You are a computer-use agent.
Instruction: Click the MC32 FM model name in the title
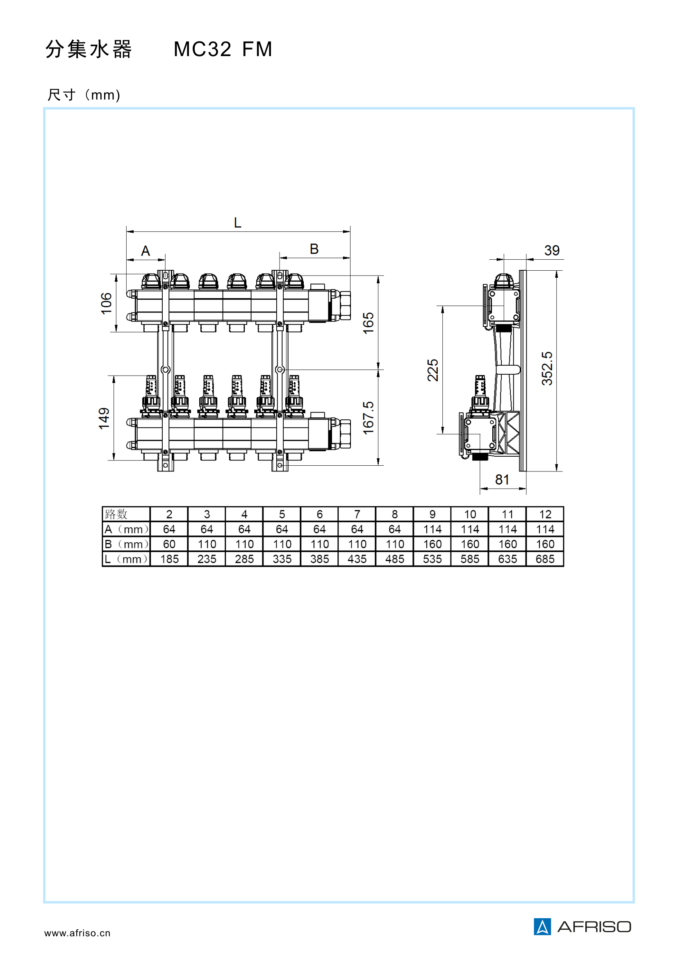point(223,49)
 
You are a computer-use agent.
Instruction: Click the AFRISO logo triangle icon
point(542,927)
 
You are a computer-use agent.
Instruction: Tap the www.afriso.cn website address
point(77,933)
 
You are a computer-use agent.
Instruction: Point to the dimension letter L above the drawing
point(238,223)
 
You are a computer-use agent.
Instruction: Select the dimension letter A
point(145,251)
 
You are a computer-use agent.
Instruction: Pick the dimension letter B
point(314,249)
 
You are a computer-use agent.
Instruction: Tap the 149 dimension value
point(104,419)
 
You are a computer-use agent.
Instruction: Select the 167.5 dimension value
point(368,418)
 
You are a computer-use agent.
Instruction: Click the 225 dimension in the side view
point(433,370)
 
